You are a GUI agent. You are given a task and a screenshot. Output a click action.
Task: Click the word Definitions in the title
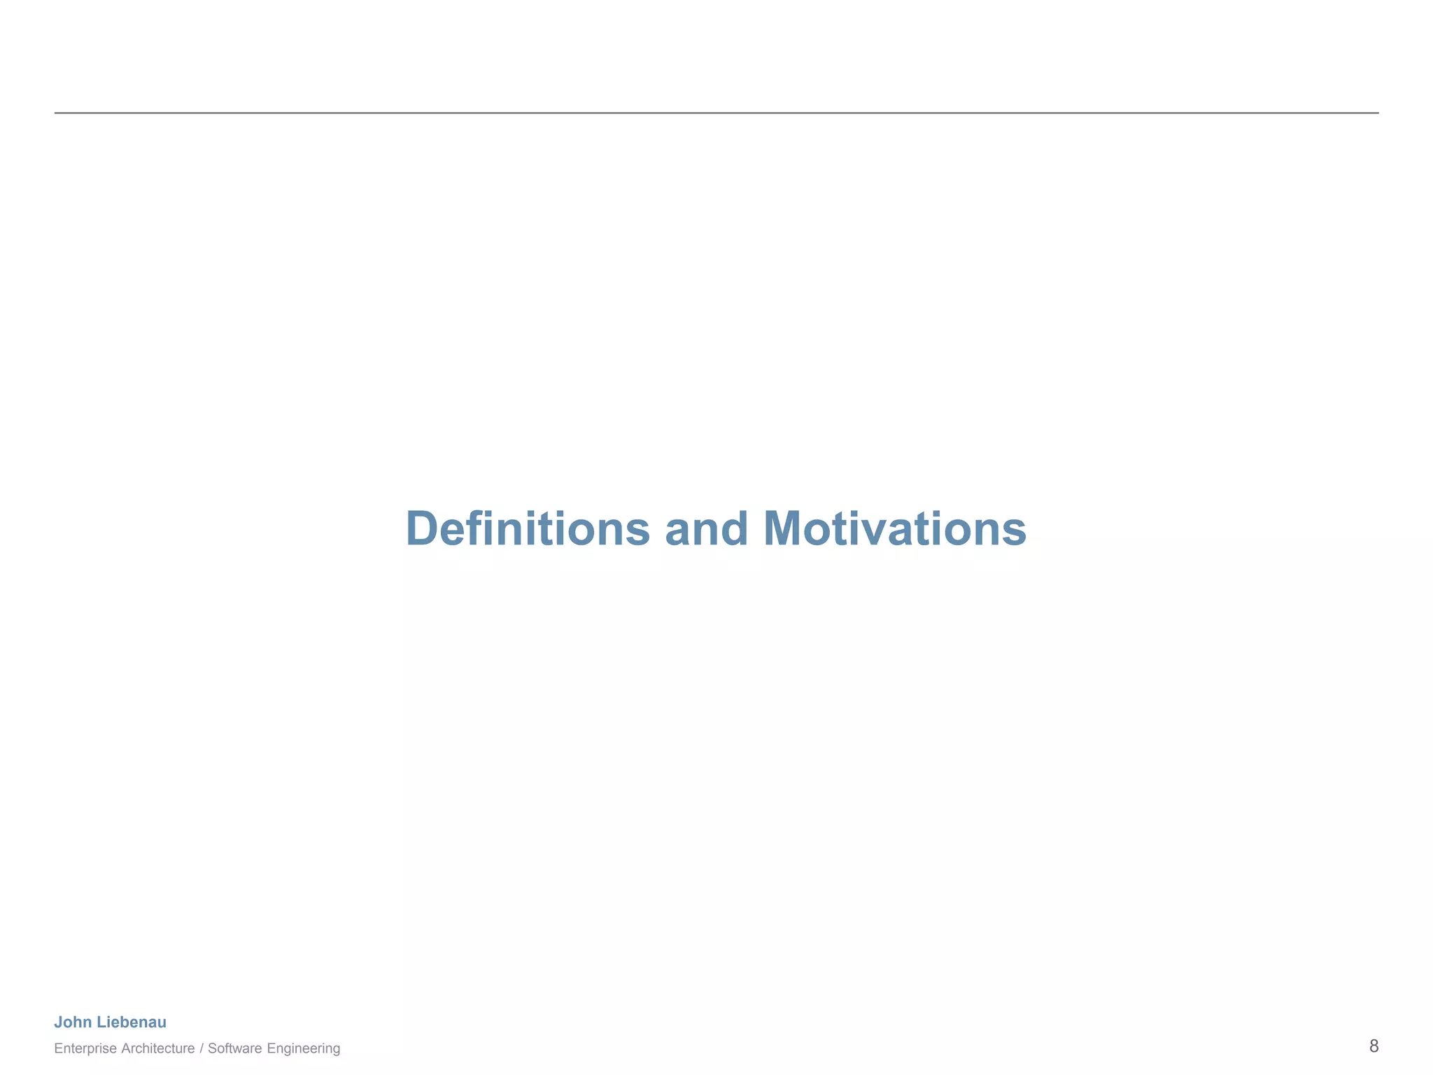(528, 529)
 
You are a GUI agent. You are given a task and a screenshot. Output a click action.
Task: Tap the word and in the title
(706, 529)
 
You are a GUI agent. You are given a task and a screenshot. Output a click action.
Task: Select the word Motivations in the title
(894, 529)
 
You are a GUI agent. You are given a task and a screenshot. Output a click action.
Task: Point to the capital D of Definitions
(422, 529)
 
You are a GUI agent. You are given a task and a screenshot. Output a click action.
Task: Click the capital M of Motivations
(782, 529)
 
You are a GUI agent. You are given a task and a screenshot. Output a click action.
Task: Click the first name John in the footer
(73, 1023)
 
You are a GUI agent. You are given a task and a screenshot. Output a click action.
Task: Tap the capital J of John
(58, 1023)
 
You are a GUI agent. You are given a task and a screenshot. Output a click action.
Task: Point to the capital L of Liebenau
(100, 1023)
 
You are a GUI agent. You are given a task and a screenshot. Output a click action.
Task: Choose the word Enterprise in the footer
(85, 1048)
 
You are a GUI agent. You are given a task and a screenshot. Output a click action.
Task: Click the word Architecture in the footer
(158, 1048)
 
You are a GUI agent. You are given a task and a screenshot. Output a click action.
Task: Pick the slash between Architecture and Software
(202, 1048)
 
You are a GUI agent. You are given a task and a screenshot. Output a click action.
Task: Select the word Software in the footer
(234, 1048)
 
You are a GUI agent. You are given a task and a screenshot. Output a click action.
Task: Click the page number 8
(1374, 1046)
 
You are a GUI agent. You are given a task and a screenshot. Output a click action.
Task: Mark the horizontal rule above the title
(716, 113)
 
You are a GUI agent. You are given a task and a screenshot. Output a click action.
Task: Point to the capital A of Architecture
(125, 1048)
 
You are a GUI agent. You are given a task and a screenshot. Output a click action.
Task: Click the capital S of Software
(211, 1048)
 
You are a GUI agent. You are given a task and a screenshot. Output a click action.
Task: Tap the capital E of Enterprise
(57, 1048)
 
